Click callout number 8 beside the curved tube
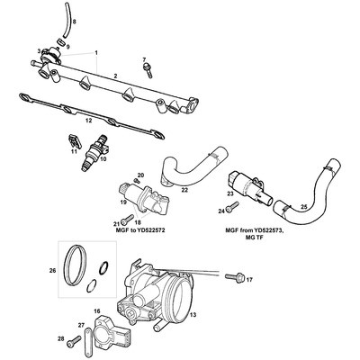[74, 21]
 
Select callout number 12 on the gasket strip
[87, 119]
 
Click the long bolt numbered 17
[229, 280]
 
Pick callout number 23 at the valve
[229, 193]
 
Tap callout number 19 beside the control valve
[123, 202]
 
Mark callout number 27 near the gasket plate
[81, 325]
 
